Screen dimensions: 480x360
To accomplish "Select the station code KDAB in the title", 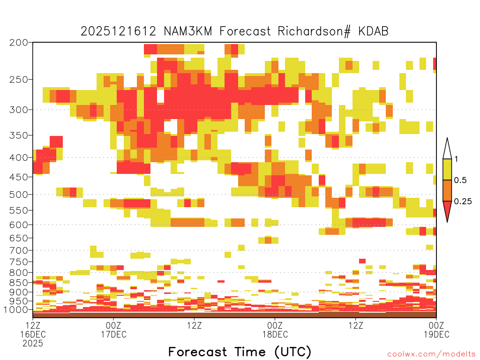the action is coord(374,31).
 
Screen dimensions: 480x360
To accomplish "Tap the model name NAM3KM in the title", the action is coord(188,31).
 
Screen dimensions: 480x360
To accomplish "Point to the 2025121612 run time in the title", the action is coord(119,31).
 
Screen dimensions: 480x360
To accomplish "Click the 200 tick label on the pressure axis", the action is coord(19,43).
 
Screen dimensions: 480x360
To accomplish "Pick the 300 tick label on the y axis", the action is coord(19,110).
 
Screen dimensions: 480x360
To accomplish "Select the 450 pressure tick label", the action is coord(19,177).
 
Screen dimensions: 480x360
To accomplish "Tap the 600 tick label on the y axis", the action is coord(19,225).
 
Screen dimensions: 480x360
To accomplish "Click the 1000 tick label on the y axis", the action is coord(15,309).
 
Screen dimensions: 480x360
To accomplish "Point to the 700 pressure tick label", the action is coord(19,250).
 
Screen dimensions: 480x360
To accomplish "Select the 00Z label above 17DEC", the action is coord(113,325).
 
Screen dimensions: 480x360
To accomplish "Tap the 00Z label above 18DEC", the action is coord(275,325).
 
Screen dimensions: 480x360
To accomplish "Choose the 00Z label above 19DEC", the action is coord(436,325).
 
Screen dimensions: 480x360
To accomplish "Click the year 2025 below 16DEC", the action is coord(33,344).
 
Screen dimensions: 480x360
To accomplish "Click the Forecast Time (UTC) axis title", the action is coord(240,352).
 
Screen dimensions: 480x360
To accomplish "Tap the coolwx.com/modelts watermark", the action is coord(432,354).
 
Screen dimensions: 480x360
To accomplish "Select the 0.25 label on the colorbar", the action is coord(463,201).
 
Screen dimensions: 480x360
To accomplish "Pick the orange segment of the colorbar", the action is coord(447,190).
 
